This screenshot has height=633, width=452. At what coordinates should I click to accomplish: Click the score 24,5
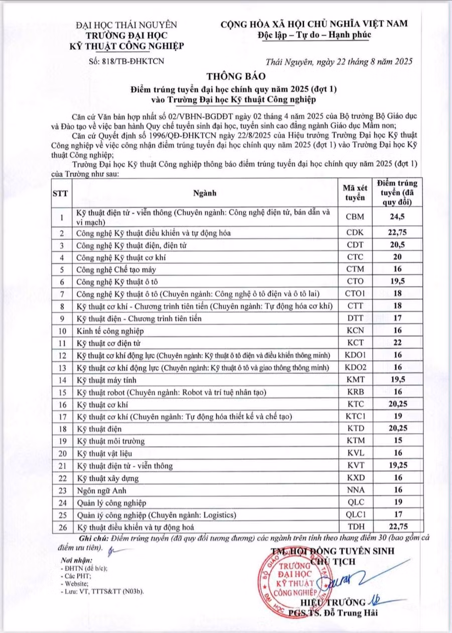point(397,217)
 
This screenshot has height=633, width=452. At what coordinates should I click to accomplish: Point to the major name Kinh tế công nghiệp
point(110,331)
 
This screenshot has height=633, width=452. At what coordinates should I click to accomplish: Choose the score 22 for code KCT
point(397,344)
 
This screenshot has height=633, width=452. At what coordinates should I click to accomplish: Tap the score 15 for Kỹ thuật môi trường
point(397,441)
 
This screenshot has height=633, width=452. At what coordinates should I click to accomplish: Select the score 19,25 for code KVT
point(397,465)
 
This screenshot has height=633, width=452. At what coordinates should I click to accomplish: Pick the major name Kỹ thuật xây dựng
point(107,478)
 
